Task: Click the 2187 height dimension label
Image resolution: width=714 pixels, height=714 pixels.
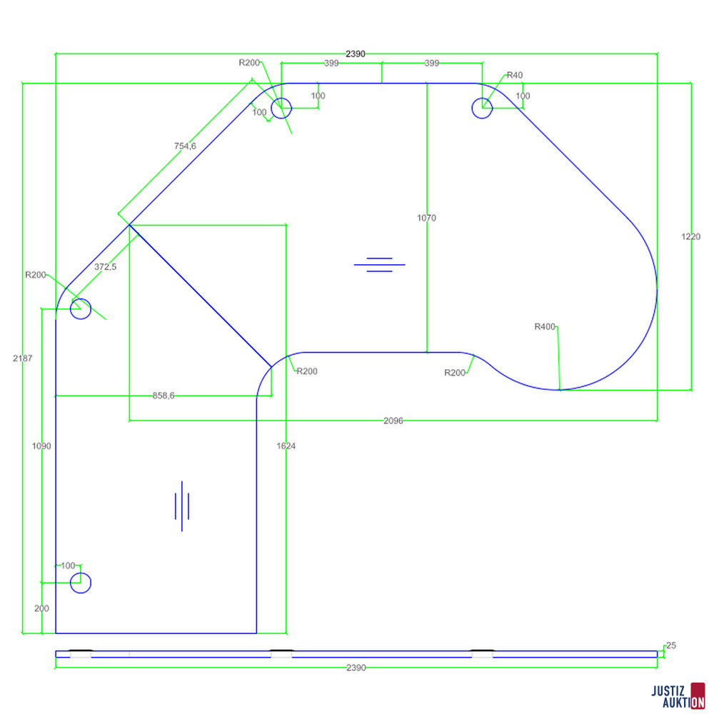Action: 23,358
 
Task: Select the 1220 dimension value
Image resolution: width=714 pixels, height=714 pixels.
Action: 690,236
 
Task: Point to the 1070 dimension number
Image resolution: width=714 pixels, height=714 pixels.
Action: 426,218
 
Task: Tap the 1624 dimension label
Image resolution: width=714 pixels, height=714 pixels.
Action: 286,446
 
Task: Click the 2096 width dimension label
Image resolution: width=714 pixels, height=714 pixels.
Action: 393,421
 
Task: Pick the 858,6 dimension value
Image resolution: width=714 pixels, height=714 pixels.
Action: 164,396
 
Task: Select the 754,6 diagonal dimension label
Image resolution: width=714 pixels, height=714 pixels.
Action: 185,146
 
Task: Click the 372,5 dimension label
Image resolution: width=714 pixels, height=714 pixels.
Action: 105,267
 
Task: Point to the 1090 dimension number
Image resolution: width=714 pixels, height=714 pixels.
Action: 41,446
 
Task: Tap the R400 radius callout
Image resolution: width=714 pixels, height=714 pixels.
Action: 545,326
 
